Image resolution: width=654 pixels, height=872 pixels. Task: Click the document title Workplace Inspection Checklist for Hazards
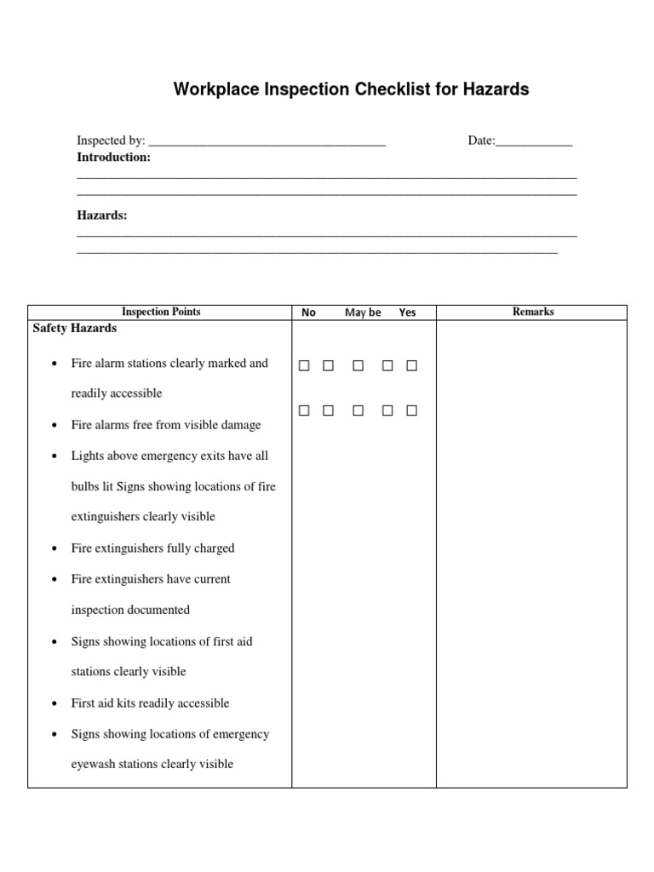click(351, 89)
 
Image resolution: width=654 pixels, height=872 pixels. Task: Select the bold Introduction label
click(113, 158)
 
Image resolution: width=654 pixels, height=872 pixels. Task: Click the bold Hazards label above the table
click(101, 215)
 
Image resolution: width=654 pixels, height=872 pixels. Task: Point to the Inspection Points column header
click(161, 312)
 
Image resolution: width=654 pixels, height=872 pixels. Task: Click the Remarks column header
click(532, 312)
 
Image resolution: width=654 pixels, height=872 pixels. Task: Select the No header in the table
click(308, 313)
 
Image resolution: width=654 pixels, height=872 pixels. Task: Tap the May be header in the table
click(363, 313)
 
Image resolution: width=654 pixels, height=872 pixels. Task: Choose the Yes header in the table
click(408, 313)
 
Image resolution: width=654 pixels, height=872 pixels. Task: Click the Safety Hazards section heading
click(75, 328)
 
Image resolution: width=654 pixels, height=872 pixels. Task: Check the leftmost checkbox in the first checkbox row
click(304, 366)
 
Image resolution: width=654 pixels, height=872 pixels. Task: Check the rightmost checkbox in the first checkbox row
click(411, 366)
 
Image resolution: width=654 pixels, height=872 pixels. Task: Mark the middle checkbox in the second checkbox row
click(358, 410)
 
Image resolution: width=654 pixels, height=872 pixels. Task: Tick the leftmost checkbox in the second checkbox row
click(304, 410)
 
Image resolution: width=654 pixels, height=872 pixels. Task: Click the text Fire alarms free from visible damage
click(166, 425)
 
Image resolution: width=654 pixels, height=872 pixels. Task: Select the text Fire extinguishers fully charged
click(152, 548)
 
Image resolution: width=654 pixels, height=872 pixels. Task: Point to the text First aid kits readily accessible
click(150, 703)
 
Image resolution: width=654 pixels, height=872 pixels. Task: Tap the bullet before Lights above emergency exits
click(54, 456)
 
